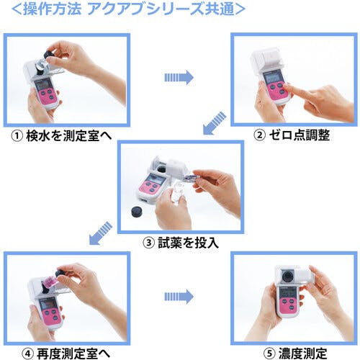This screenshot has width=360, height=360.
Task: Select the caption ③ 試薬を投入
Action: point(179,242)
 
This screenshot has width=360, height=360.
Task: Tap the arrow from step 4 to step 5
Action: point(180,296)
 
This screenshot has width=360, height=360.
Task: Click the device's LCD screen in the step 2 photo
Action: point(273,77)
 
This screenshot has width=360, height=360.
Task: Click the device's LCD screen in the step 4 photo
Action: point(50,303)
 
